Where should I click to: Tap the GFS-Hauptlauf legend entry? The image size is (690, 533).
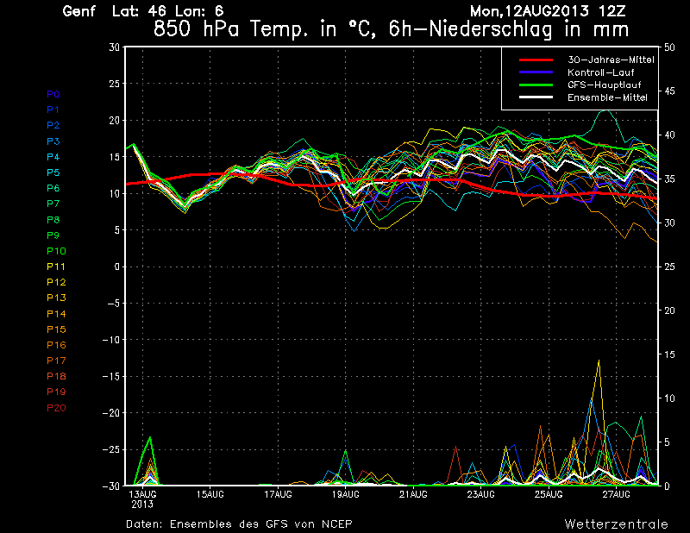(604, 85)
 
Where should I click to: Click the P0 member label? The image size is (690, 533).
(53, 94)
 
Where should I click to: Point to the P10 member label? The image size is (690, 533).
(56, 251)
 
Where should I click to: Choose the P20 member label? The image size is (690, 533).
(56, 407)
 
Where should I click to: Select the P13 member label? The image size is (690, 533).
(56, 298)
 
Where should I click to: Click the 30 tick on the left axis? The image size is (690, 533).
(114, 47)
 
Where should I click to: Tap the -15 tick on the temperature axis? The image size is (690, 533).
(110, 377)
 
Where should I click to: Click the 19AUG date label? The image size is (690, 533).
(345, 494)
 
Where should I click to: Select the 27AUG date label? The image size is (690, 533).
(617, 494)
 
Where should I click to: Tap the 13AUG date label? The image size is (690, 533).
(141, 494)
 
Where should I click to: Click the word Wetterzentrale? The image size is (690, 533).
(616, 524)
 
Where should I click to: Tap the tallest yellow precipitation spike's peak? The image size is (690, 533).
(598, 361)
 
